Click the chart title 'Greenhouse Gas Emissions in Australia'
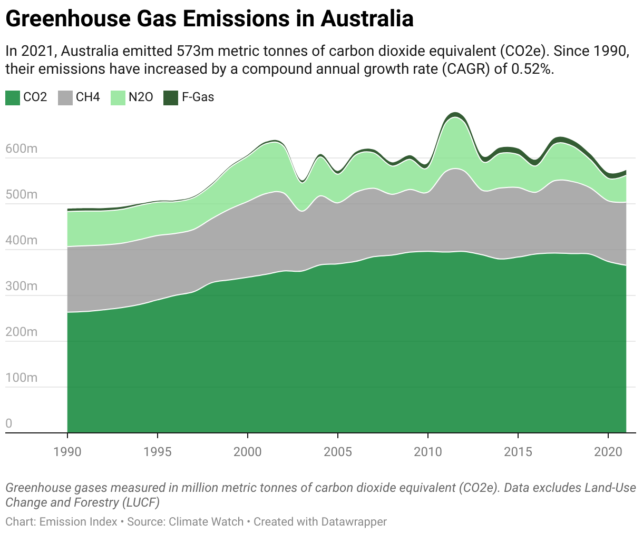click(x=209, y=19)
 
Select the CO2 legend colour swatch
click(x=13, y=97)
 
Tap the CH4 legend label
click(x=87, y=97)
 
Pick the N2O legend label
click(x=141, y=97)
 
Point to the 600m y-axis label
click(x=22, y=149)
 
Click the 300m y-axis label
click(x=22, y=286)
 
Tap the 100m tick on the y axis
click(x=22, y=378)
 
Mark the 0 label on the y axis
click(x=9, y=423)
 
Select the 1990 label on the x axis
click(x=67, y=452)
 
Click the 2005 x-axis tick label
click(x=338, y=452)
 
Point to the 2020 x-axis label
click(x=608, y=452)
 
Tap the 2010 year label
click(x=428, y=452)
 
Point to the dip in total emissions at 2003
click(x=301, y=182)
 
